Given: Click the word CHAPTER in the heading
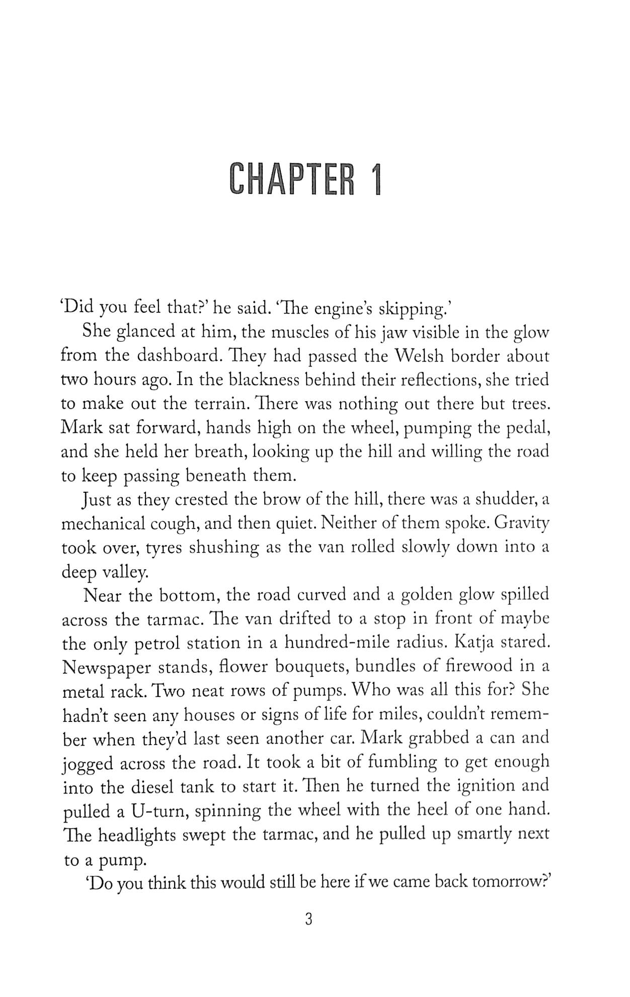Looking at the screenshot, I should click(x=291, y=179).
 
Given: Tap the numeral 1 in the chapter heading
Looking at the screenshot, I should click(x=374, y=179).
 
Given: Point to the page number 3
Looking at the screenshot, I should click(x=309, y=920).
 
